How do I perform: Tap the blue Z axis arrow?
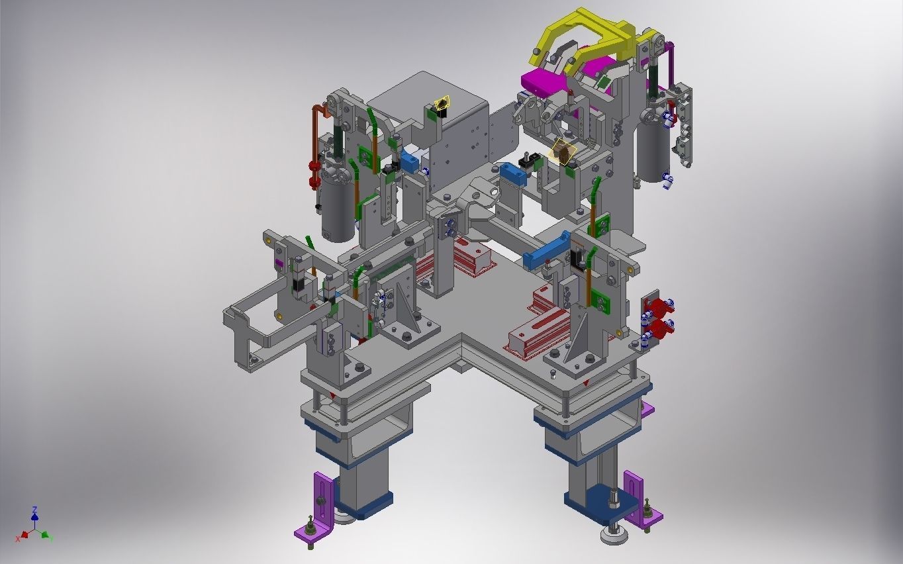[x=34, y=513]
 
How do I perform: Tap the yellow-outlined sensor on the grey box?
[x=442, y=103]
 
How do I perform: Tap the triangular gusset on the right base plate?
[x=579, y=338]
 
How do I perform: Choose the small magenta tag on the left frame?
[x=279, y=263]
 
